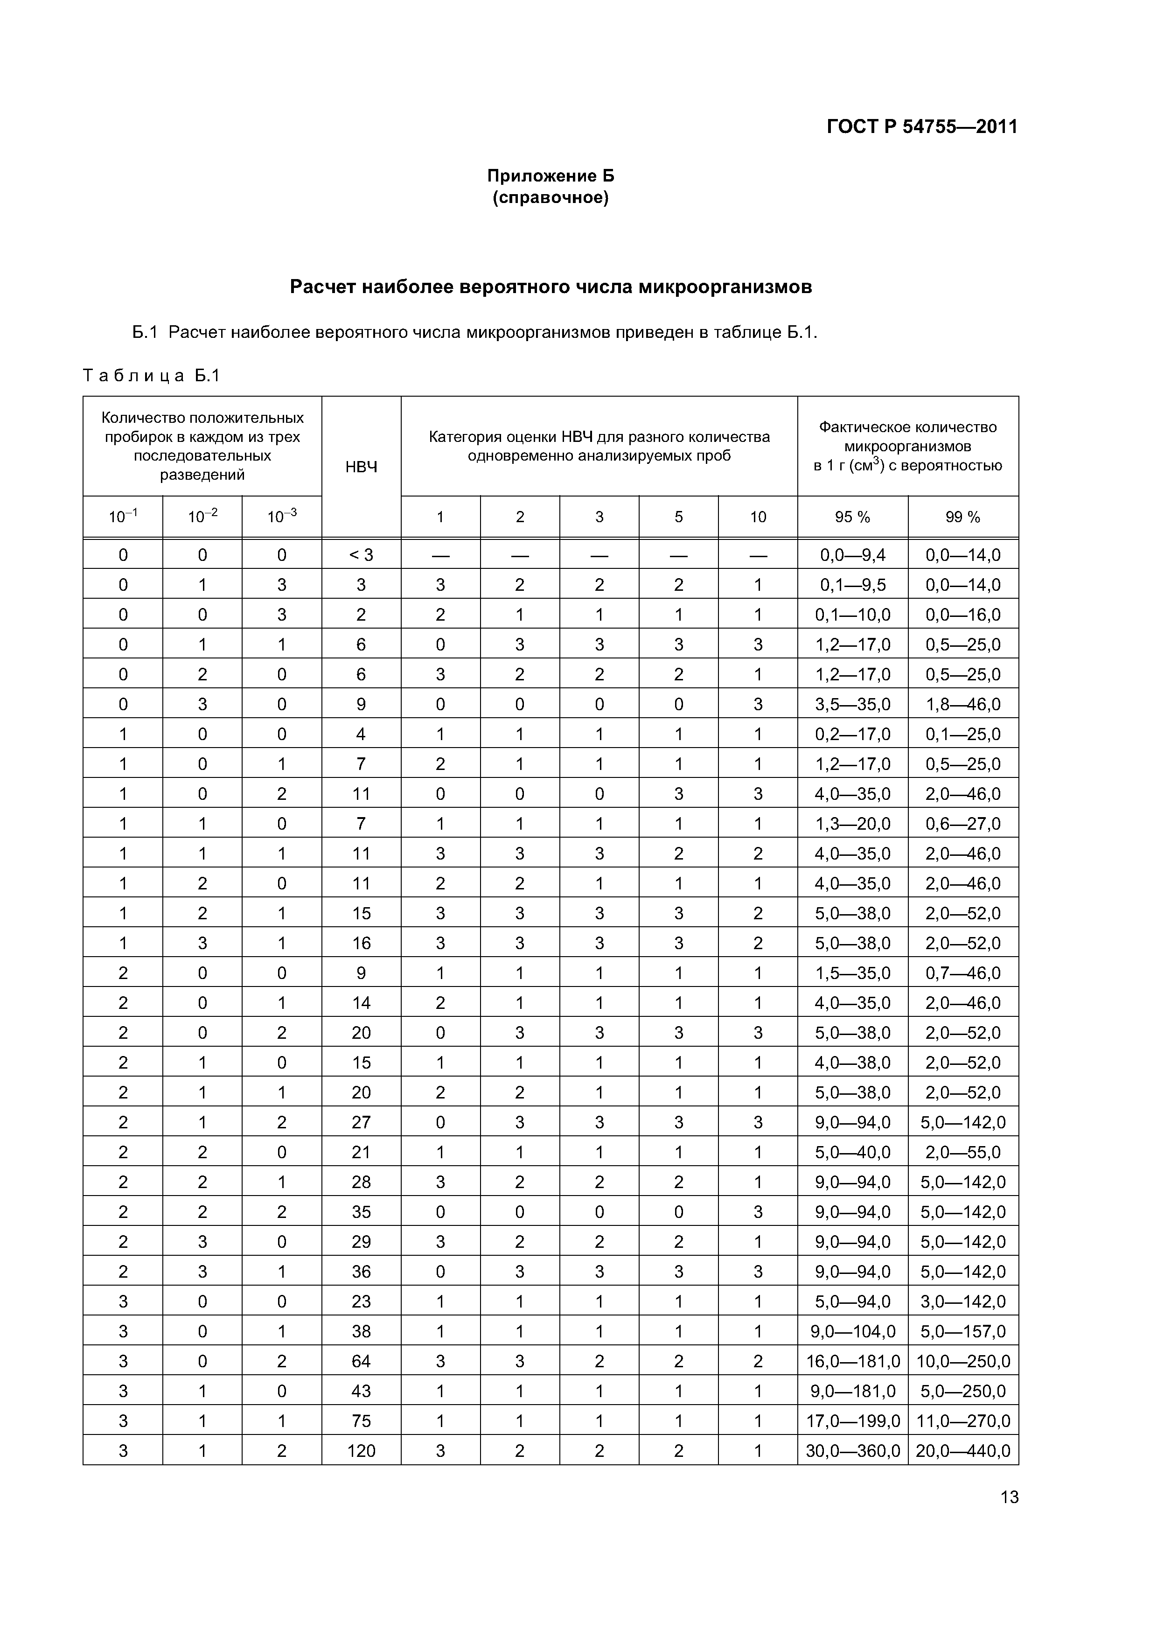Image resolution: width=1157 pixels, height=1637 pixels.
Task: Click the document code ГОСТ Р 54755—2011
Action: pyautogui.click(x=922, y=127)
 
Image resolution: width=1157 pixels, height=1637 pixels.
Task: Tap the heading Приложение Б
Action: pyautogui.click(x=551, y=175)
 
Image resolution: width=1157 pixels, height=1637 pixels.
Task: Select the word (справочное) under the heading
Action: pyautogui.click(x=551, y=197)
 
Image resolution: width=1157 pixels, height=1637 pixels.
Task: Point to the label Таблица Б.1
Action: pyautogui.click(x=152, y=375)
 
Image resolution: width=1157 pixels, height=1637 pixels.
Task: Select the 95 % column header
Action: pyautogui.click(x=853, y=517)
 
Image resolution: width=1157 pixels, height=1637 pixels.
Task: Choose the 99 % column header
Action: pyautogui.click(x=963, y=517)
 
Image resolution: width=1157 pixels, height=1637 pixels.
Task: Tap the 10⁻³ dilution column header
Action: pyautogui.click(x=282, y=517)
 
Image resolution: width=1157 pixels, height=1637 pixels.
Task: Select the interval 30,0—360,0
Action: pyautogui.click(x=853, y=1450)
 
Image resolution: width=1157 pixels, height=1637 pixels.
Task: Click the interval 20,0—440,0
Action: pyautogui.click(x=963, y=1450)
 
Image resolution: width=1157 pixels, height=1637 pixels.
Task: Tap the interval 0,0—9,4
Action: pyautogui.click(x=853, y=555)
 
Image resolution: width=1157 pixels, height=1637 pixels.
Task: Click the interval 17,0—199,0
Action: pyautogui.click(x=853, y=1421)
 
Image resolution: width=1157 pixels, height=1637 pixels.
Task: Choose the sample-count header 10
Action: pyautogui.click(x=758, y=517)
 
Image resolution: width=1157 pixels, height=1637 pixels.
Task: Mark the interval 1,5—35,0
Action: pyautogui.click(x=853, y=973)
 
